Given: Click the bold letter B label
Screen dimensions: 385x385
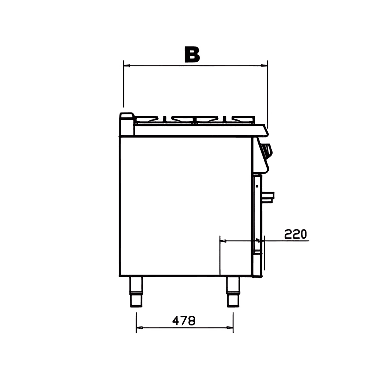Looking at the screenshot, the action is pos(192,55).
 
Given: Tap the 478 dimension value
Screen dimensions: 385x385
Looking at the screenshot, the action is pos(184,321).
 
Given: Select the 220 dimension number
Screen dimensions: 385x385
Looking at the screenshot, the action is pos(296,234).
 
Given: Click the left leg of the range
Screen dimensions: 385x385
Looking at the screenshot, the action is pos(136,292).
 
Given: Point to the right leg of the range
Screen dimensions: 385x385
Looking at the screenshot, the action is pos(233,292).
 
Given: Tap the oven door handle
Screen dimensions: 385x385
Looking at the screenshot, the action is pos(268,197).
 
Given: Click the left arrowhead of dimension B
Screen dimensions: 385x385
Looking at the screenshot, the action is pos(127,66).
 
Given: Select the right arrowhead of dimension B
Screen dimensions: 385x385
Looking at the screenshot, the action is pos(264,65).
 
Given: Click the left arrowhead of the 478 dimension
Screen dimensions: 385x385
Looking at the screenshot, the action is pos(139,328).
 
